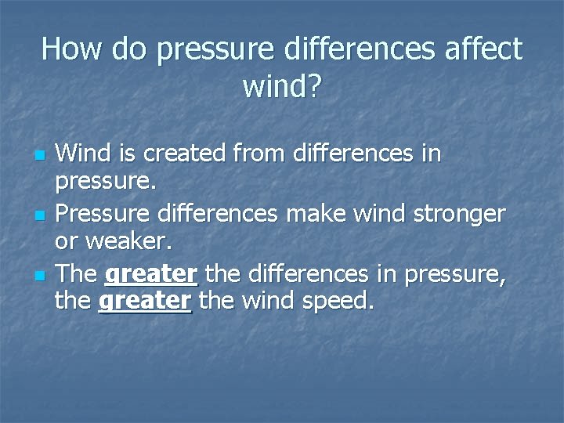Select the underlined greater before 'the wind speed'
pos(146,300)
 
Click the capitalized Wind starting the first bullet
pos(83,154)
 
